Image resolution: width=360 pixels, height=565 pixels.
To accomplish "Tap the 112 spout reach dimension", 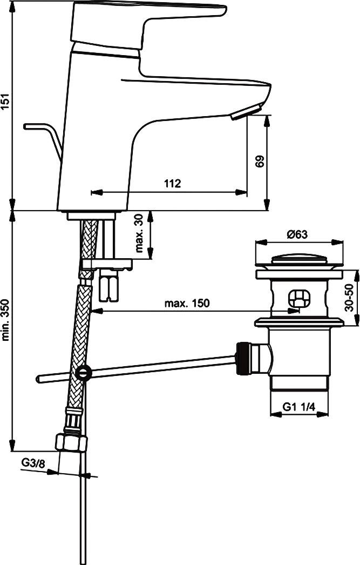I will point(172,183).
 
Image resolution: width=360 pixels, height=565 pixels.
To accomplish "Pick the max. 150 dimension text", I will point(187,304).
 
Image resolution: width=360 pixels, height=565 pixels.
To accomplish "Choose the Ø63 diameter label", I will point(297,234).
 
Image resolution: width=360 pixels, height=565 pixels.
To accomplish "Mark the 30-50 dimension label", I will point(350,299).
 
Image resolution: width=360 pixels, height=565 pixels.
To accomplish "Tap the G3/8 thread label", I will point(33,462).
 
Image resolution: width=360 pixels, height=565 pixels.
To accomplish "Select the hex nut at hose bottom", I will point(71,442).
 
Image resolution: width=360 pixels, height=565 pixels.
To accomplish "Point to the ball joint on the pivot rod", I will point(83,372).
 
